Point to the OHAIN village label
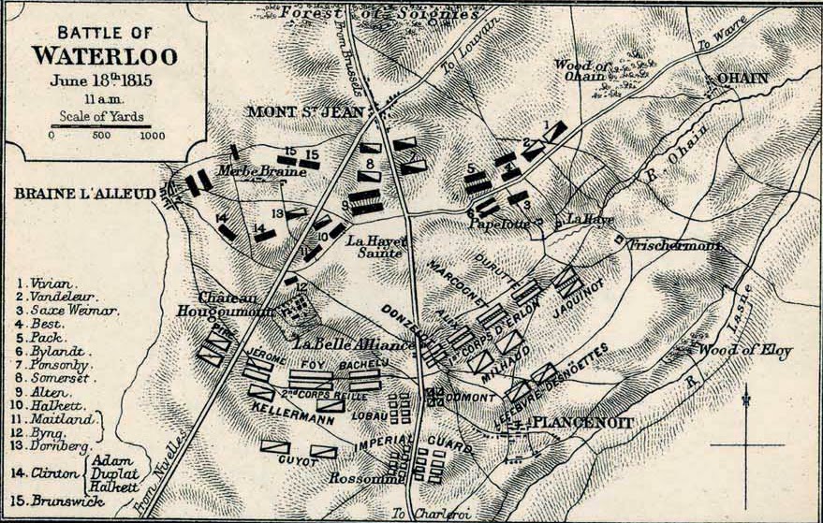(742, 78)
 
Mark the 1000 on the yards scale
(153, 136)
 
